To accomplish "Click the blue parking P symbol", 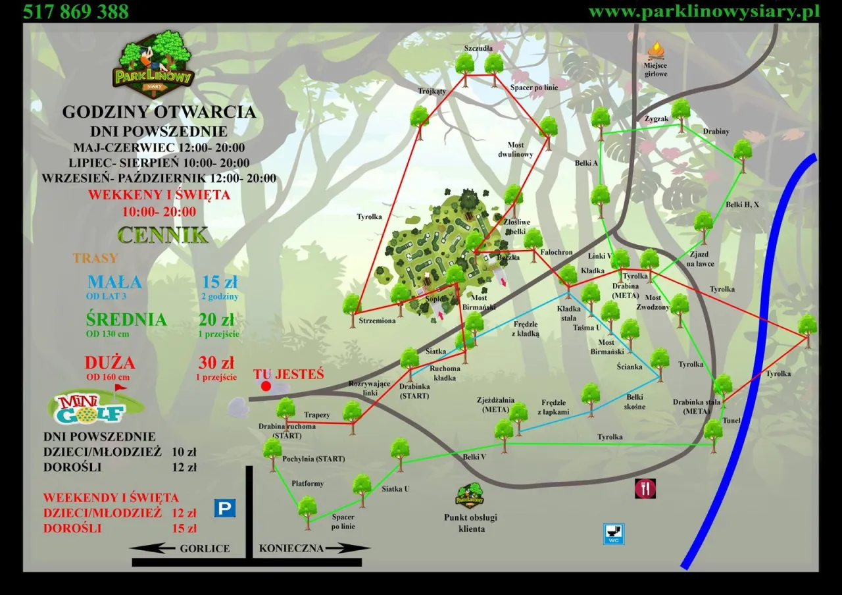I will click(224, 507).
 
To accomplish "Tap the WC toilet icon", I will click(614, 534).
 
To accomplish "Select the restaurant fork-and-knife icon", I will click(645, 488).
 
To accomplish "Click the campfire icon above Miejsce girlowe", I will click(656, 51).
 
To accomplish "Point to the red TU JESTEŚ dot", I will click(266, 386).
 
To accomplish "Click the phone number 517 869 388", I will click(76, 11).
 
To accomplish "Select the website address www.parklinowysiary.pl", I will click(703, 11).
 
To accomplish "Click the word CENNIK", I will click(163, 235).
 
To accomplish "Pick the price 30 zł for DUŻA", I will click(216, 363).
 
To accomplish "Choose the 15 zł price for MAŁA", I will click(220, 282).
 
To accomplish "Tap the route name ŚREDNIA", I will click(126, 320).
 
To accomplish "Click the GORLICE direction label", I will click(205, 548).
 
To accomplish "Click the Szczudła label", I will click(478, 49).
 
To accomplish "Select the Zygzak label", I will click(656, 119).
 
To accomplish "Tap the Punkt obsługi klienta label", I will click(470, 523).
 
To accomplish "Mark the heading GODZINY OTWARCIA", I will click(159, 112).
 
